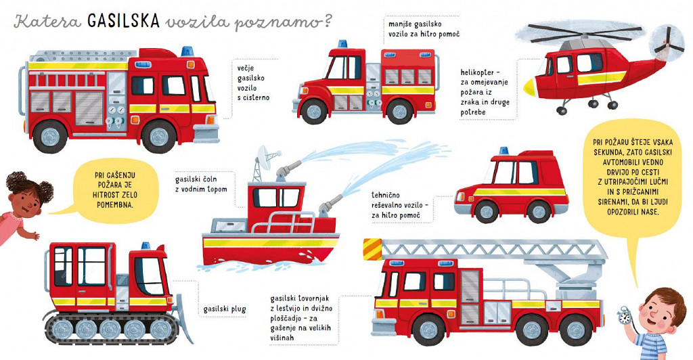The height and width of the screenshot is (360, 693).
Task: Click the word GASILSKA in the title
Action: (123, 21)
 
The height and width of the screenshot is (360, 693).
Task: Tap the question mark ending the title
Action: (327, 21)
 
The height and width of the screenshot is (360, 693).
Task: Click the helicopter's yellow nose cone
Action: (529, 87)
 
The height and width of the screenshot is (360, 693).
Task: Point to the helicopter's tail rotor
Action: (665, 43)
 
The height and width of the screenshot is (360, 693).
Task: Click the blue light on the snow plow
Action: (146, 246)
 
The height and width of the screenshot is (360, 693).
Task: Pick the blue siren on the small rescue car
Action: (504, 151)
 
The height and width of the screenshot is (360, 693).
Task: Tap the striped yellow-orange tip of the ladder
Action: (372, 249)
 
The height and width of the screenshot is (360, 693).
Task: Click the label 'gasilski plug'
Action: (225, 309)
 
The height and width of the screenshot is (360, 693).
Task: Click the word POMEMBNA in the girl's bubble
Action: (115, 204)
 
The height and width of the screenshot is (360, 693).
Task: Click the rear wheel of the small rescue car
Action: (539, 212)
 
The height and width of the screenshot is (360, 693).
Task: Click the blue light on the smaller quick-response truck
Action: (342, 44)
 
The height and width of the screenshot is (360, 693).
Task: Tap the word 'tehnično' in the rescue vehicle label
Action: (385, 195)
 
